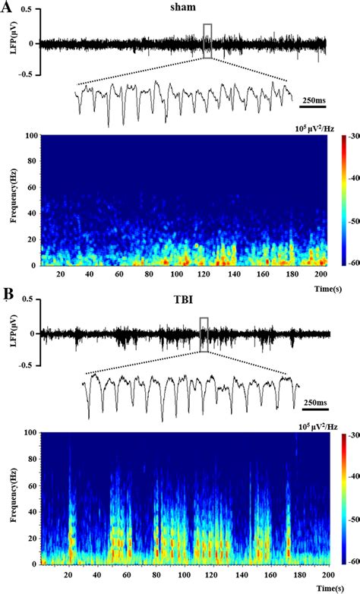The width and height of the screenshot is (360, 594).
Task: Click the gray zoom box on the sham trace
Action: [x=208, y=40]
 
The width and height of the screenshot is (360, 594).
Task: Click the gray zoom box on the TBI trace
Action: [x=204, y=334]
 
